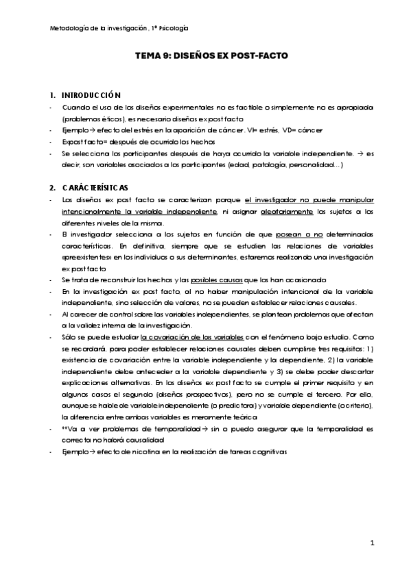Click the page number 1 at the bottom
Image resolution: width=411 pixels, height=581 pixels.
[371, 543]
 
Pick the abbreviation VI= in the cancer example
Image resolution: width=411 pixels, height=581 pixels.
[258, 130]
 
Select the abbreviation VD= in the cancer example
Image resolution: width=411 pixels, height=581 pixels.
[300, 130]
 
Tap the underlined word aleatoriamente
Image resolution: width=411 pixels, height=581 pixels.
[283, 212]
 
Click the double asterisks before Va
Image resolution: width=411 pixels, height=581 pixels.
[65, 428]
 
